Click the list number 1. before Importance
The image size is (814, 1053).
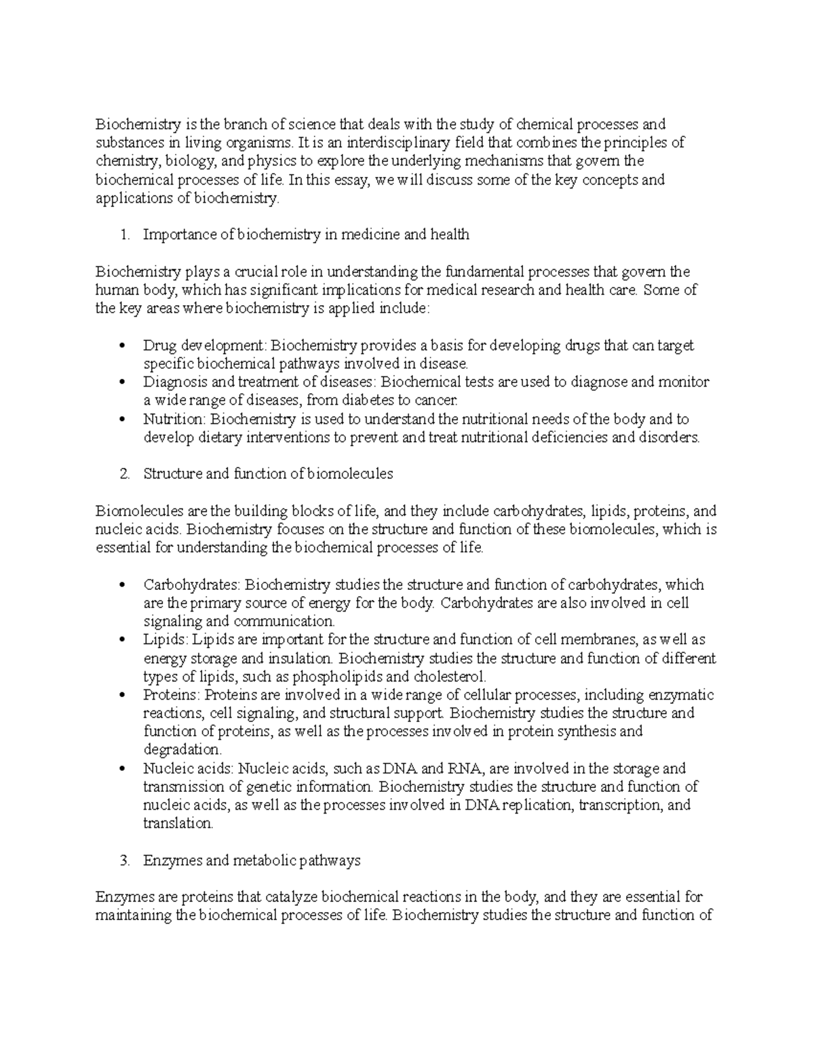[123, 235]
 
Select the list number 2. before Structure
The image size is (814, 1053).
[123, 475]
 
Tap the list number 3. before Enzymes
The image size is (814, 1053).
[123, 861]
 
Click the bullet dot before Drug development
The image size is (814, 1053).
[122, 346]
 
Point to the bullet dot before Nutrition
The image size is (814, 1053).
[122, 420]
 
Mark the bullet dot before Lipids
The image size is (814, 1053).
[122, 640]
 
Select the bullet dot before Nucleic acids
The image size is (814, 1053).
[122, 770]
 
